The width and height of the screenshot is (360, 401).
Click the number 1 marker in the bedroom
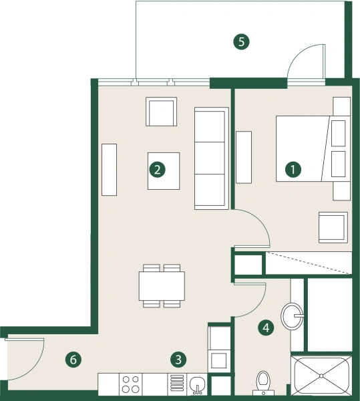(292, 170)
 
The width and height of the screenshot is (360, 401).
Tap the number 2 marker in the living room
(157, 170)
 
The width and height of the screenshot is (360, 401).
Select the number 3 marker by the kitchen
(178, 360)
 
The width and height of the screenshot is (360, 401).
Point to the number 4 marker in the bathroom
(266, 327)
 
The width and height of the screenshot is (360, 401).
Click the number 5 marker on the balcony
(242, 42)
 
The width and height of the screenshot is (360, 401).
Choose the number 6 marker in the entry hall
(74, 360)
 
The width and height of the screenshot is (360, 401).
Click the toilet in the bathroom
(264, 382)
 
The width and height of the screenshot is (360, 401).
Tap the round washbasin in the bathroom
(292, 315)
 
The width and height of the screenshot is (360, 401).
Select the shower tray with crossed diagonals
(322, 378)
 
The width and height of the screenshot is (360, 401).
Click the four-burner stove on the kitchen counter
(131, 384)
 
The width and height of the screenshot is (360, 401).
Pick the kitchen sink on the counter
(197, 384)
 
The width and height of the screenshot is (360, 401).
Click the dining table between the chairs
(162, 286)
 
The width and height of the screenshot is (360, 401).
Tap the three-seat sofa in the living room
(210, 158)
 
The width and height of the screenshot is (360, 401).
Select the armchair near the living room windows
(162, 112)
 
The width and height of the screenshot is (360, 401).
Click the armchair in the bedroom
(333, 227)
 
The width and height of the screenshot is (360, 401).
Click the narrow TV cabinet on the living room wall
(109, 170)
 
